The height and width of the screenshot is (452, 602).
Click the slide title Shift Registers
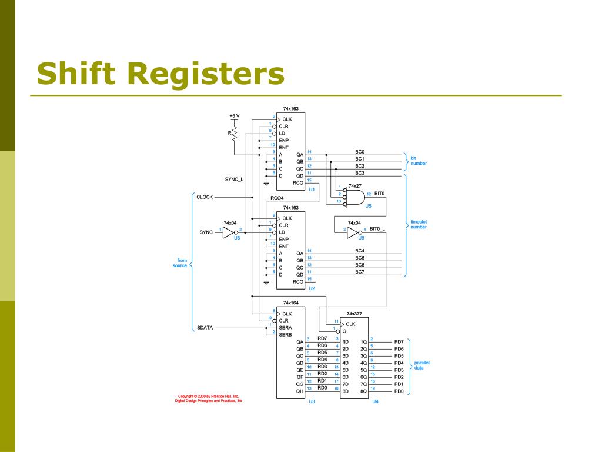160,74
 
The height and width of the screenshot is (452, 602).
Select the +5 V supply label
234,115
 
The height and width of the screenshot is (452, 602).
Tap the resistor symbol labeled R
234,134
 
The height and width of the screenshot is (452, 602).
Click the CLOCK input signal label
205,197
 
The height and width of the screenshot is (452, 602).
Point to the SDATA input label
205,328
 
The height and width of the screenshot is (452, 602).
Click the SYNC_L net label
234,179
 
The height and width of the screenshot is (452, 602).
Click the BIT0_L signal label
377,229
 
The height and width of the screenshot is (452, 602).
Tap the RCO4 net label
277,198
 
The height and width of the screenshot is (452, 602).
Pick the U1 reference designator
312,190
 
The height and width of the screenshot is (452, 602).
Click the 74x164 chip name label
290,302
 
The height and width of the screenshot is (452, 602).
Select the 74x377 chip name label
354,314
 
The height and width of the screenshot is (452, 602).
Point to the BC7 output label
360,272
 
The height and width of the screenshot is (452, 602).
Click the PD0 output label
399,391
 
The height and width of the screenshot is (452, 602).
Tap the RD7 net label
322,338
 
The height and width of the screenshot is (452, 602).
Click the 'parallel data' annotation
422,365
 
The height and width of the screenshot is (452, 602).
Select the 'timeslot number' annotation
419,224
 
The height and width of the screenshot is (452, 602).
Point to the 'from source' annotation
179,262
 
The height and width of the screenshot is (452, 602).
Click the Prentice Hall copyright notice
208,398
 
